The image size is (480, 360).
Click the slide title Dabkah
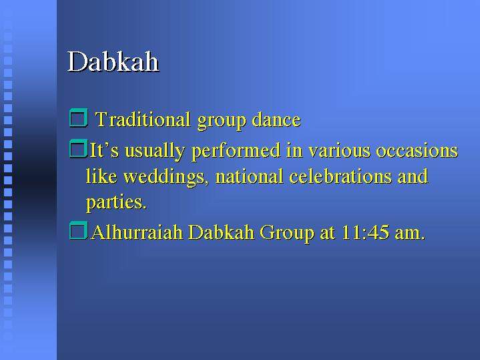pyautogui.click(x=113, y=61)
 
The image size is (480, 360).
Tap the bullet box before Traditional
pyautogui.click(x=79, y=118)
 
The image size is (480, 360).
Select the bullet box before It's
pyautogui.click(x=78, y=149)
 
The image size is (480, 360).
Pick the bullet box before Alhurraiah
pyautogui.click(x=78, y=230)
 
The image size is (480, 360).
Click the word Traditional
pyautogui.click(x=143, y=119)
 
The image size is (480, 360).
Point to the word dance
pyautogui.click(x=276, y=120)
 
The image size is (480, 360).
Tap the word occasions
pyautogui.click(x=417, y=150)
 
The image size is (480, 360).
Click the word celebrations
pyautogui.click(x=340, y=176)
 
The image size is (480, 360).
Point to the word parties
pyautogui.click(x=116, y=203)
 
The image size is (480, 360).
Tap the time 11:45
pyautogui.click(x=365, y=232)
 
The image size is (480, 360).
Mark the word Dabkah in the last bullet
pyautogui.click(x=222, y=232)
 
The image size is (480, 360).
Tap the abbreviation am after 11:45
pyautogui.click(x=410, y=234)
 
